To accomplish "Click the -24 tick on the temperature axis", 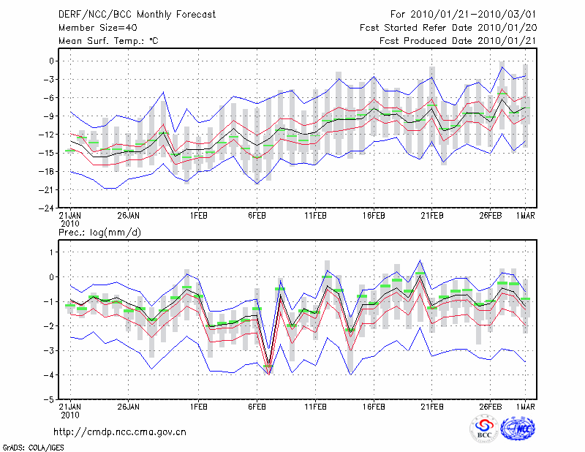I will click(x=45, y=208).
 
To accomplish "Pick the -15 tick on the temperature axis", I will click(x=45, y=153).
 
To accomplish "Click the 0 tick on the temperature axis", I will click(x=50, y=61).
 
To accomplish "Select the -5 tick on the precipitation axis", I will click(x=48, y=400).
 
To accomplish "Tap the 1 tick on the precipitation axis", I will click(x=50, y=252).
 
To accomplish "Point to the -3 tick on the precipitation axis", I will click(x=48, y=351).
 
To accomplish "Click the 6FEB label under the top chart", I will click(x=257, y=215).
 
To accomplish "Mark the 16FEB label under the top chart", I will click(x=374, y=215).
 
